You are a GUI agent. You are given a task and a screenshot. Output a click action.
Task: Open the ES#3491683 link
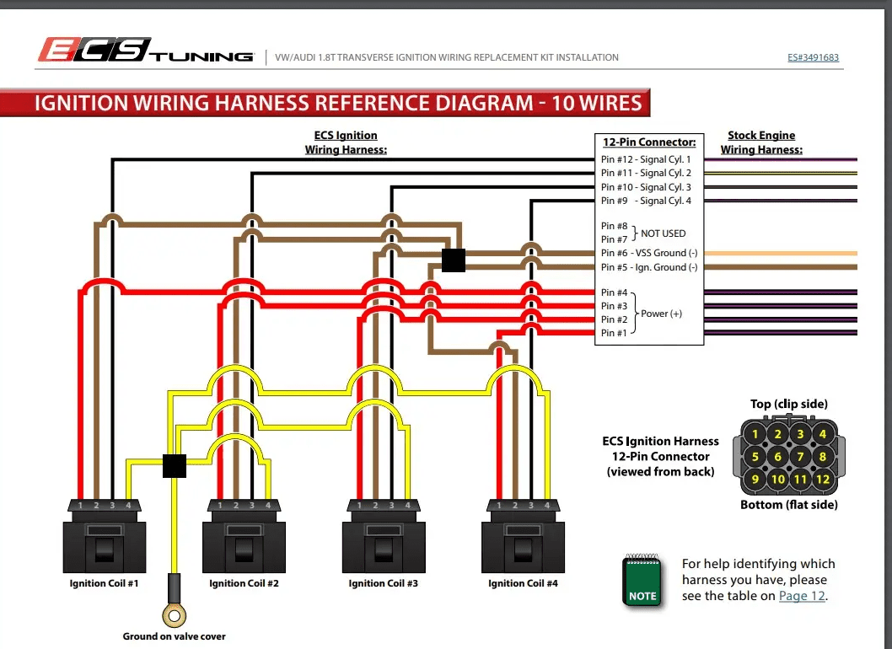(812, 57)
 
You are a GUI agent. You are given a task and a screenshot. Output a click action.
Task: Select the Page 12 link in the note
(801, 596)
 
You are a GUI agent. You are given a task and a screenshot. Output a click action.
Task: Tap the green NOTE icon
(642, 582)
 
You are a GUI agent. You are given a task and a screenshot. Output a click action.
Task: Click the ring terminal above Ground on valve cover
(174, 616)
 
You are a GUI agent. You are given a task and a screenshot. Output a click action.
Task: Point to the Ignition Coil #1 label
(104, 583)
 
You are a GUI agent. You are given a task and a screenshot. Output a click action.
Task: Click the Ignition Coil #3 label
(383, 583)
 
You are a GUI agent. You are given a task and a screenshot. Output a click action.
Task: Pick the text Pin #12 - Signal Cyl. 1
(646, 159)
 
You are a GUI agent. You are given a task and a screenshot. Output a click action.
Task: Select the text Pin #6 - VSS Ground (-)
(649, 253)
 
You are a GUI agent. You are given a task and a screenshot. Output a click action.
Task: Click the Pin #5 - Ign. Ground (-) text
(649, 267)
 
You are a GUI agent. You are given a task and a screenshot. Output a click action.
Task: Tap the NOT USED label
(663, 233)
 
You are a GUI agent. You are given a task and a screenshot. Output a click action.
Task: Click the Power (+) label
(661, 314)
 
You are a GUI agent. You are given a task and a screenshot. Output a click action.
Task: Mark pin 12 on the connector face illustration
(822, 479)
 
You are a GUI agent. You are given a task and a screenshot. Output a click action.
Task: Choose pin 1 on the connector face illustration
(755, 435)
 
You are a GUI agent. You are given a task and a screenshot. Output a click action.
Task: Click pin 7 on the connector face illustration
(800, 457)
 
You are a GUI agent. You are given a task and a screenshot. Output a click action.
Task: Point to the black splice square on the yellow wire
(174, 465)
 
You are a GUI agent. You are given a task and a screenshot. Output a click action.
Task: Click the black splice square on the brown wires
(454, 260)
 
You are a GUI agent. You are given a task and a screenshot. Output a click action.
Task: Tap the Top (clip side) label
(789, 405)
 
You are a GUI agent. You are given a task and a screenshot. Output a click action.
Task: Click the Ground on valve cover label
(174, 636)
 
